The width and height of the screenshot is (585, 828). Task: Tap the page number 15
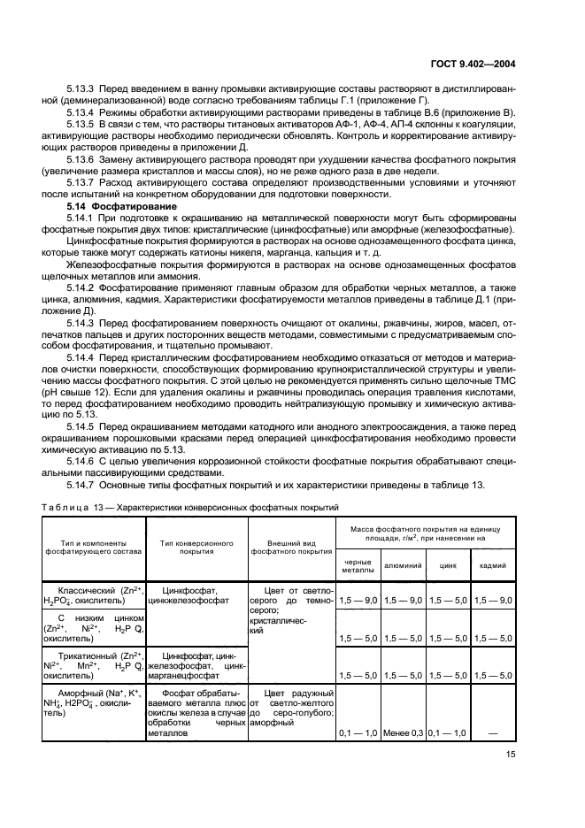pyautogui.click(x=511, y=754)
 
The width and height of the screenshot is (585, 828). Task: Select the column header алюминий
pyautogui.click(x=403, y=563)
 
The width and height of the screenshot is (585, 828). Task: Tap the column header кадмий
pyautogui.click(x=494, y=563)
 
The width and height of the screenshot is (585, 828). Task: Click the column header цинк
pyautogui.click(x=448, y=563)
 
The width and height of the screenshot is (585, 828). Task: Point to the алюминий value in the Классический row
pyautogui.click(x=403, y=601)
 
